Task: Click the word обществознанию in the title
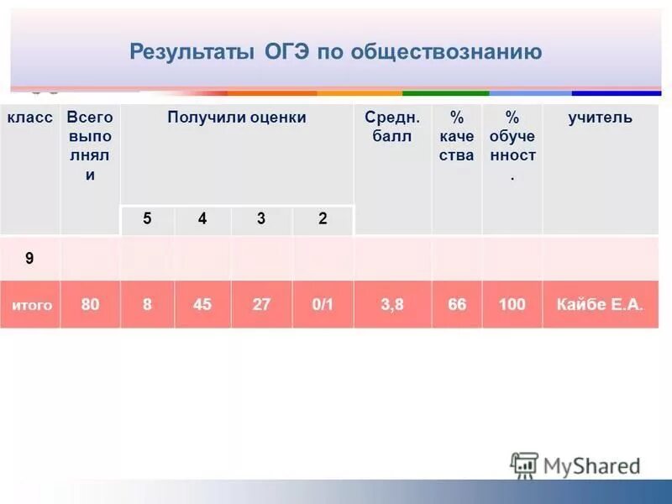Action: tap(446, 52)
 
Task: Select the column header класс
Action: tap(30, 118)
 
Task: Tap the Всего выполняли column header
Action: tap(90, 146)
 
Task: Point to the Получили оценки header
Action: tap(236, 118)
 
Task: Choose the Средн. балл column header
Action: tap(392, 127)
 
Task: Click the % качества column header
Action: tap(457, 136)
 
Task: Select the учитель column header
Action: tap(600, 118)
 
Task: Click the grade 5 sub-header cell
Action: tap(147, 218)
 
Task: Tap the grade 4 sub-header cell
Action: tap(202, 218)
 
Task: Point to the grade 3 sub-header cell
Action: tap(261, 218)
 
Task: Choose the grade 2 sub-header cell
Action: tap(323, 218)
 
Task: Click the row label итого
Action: tap(31, 305)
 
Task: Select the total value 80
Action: tap(90, 304)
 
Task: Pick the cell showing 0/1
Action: tap(323, 304)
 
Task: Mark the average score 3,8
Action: tap(392, 304)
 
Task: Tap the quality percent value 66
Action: tap(457, 304)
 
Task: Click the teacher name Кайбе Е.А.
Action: tap(600, 304)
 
